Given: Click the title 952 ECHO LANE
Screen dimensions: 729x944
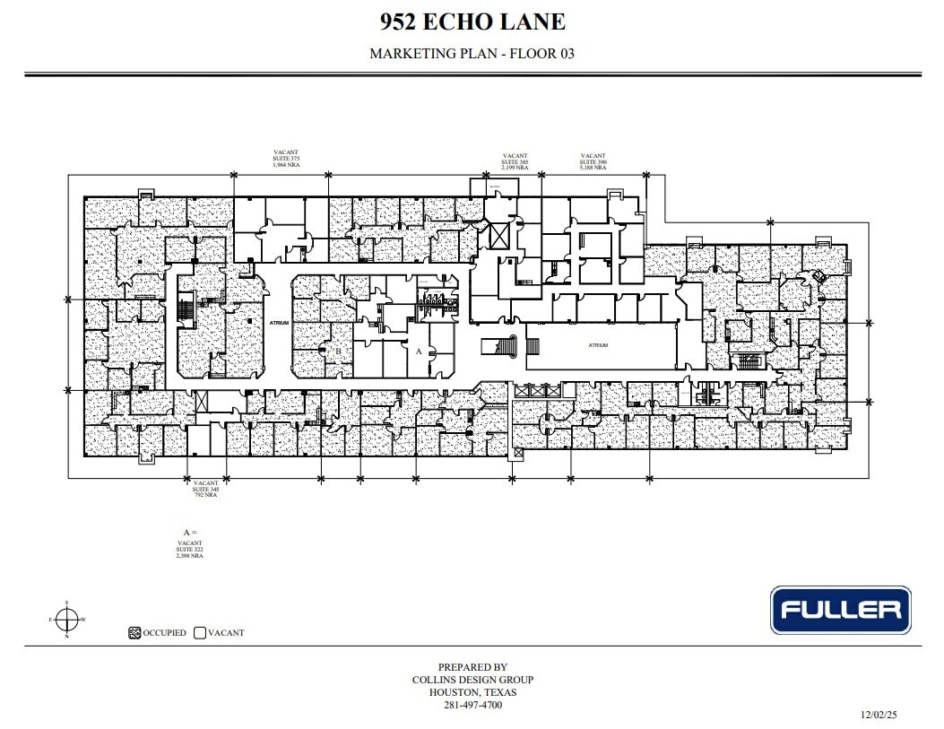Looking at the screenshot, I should click(x=472, y=22).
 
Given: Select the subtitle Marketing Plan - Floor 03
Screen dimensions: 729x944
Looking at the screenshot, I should click(x=472, y=54).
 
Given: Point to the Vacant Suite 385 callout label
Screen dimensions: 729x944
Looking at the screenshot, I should click(x=515, y=161).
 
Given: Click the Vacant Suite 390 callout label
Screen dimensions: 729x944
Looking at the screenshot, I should click(x=593, y=161).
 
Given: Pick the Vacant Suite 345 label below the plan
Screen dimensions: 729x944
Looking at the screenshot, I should click(x=206, y=489).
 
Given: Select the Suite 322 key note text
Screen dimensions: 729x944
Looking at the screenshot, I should click(x=190, y=549).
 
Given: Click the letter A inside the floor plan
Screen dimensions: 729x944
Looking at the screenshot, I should click(x=418, y=352).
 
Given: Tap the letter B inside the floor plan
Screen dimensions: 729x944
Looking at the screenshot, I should click(x=338, y=325).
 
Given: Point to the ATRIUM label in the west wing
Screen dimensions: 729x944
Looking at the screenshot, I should click(x=279, y=323).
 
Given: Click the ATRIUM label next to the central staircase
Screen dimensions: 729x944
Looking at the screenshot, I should click(x=598, y=345).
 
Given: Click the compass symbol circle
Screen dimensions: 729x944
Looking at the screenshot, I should click(x=66, y=619).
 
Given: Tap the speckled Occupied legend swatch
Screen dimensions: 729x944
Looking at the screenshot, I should click(x=134, y=632).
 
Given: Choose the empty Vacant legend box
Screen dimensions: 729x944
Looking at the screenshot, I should click(x=199, y=632).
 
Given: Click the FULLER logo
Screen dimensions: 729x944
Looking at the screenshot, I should click(x=840, y=610).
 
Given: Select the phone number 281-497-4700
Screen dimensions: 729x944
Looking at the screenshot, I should click(x=472, y=705).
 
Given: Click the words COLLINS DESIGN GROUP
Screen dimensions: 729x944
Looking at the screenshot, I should click(x=472, y=680).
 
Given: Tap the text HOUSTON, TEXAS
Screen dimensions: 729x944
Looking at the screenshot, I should click(x=472, y=692).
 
